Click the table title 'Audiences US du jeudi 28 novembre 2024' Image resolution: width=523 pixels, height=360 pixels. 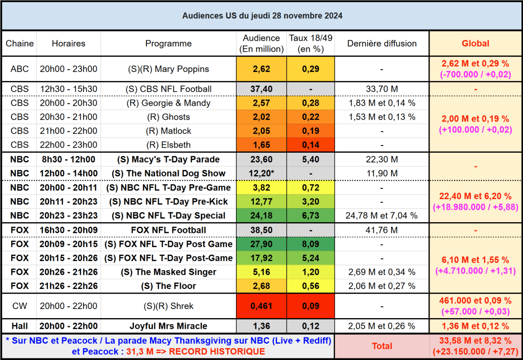tap(262, 16)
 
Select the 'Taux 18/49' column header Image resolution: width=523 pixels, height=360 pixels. tap(310, 43)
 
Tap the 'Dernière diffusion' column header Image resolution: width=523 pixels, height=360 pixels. tap(382, 43)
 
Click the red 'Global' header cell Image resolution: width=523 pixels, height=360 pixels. tap(475, 43)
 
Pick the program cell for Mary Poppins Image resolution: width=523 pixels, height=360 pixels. tap(168, 69)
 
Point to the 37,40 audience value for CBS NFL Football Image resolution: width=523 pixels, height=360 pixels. tap(261, 89)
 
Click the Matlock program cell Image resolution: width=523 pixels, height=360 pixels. tap(168, 131)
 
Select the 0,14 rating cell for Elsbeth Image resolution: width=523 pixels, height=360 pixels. tap(311, 145)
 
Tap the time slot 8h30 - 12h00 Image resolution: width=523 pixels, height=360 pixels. tap(68, 159)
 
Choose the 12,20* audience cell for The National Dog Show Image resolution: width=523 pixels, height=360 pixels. tap(261, 174)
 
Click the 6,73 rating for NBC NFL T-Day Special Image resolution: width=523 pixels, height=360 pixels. tap(311, 215)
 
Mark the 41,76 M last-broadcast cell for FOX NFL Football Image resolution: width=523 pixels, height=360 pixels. tap(382, 230)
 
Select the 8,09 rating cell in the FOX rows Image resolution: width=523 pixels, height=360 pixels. tap(311, 244)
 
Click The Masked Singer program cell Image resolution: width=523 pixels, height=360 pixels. tap(168, 272)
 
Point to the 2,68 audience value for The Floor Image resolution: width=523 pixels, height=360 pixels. tap(261, 286)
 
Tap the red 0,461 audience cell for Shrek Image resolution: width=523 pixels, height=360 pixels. tap(261, 306)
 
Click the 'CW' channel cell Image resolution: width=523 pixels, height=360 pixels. tap(19, 306)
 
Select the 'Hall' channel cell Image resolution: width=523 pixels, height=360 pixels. tap(19, 326)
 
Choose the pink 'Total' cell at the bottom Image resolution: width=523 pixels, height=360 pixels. tap(382, 346)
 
